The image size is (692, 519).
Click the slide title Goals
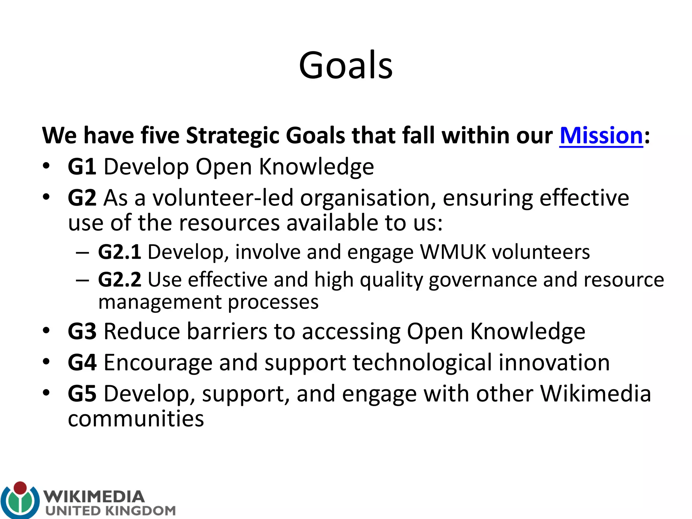346,65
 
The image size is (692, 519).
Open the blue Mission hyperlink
601,135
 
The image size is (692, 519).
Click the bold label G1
82,167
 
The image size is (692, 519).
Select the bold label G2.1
119,252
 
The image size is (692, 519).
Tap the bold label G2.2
119,280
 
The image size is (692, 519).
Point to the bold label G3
82,331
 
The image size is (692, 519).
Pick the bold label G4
82,363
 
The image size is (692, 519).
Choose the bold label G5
82,394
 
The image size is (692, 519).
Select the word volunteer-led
223,198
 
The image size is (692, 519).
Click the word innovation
554,363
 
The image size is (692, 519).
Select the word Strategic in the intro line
232,135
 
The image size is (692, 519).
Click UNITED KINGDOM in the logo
110,511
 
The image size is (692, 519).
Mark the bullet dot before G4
46,362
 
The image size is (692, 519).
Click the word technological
422,363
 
